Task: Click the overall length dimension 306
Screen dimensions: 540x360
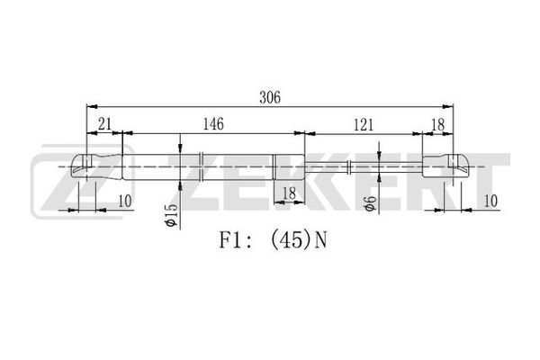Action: (270, 97)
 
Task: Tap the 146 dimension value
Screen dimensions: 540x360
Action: (213, 124)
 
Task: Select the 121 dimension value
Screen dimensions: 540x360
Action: (364, 125)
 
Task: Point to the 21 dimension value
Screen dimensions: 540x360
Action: (104, 124)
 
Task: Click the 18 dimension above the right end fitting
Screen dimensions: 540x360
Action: (438, 125)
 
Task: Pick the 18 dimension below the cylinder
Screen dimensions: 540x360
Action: (289, 193)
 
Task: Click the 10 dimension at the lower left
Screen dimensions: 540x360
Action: (125, 202)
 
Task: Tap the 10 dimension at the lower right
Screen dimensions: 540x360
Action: (490, 202)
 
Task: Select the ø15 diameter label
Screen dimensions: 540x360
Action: (172, 215)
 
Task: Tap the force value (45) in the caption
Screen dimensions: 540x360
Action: (291, 240)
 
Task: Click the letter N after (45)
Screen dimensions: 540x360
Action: (320, 240)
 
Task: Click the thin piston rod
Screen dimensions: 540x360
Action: (364, 166)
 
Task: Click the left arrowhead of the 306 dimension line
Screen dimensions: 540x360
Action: (92, 106)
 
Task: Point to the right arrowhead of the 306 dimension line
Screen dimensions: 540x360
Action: (447, 106)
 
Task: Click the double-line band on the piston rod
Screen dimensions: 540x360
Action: (349, 166)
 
